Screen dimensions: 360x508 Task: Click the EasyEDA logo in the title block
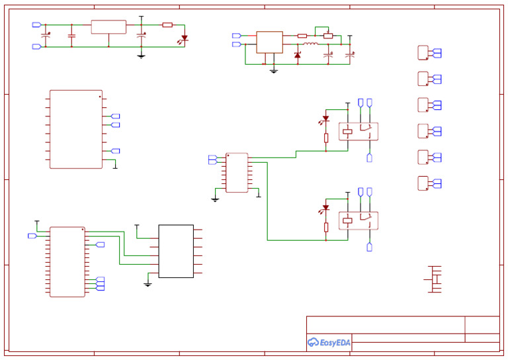(329, 342)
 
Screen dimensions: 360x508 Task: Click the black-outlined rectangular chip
(176, 251)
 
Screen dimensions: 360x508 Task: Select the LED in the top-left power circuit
(185, 38)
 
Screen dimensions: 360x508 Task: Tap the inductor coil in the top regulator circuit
(311, 44)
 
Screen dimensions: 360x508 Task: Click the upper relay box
(358, 131)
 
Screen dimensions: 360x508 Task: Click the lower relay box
(358, 220)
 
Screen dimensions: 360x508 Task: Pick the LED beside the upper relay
(325, 119)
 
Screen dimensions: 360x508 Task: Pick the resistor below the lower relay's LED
(326, 227)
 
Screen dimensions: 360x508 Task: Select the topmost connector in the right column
(423, 53)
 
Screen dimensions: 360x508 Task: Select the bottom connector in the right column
(423, 183)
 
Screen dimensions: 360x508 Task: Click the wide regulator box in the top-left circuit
(108, 26)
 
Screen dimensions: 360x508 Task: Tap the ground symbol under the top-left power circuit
(141, 56)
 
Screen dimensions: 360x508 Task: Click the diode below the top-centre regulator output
(297, 55)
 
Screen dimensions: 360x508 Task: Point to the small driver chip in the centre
(237, 173)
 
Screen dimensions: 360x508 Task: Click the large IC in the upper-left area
(76, 130)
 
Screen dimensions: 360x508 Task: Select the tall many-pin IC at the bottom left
(67, 261)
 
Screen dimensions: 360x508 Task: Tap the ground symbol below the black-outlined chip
(148, 284)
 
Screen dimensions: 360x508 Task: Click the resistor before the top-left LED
(167, 25)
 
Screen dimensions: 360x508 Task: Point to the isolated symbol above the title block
(435, 279)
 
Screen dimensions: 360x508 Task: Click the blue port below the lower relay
(369, 247)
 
